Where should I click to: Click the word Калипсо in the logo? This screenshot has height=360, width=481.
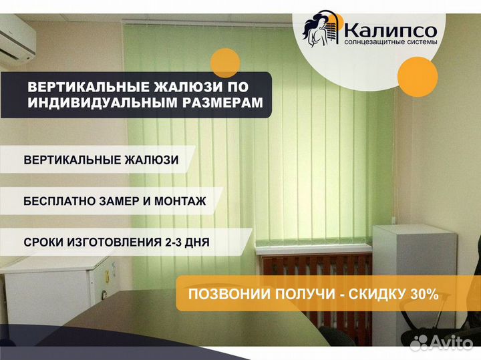pos(391,31)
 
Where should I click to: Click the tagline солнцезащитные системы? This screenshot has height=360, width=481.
pos(391,42)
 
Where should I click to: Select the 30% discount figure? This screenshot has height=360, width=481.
pos(424,294)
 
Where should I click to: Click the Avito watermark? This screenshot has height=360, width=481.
pos(441,342)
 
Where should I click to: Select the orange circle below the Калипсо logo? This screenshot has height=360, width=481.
pos(418,77)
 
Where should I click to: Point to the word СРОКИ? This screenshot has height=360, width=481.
pos(43,242)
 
